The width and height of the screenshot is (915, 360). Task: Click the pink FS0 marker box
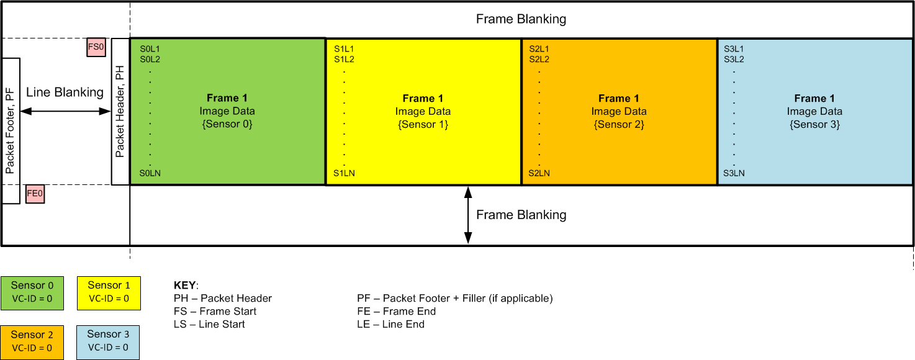click(x=96, y=47)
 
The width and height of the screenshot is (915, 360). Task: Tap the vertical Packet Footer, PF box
click(x=11, y=131)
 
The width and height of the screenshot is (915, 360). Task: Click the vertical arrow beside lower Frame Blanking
click(x=468, y=215)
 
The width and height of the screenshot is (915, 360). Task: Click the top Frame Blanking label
click(x=521, y=19)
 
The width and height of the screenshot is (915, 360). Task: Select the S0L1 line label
click(x=150, y=48)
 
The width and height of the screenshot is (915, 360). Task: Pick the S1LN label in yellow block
click(x=345, y=173)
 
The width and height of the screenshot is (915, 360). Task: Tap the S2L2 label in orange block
click(x=539, y=60)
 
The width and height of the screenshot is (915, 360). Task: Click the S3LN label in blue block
click(x=734, y=173)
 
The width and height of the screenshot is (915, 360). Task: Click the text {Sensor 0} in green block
click(x=227, y=125)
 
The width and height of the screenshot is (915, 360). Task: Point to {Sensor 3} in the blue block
click(x=814, y=125)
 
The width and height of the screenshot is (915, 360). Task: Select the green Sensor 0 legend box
click(x=32, y=293)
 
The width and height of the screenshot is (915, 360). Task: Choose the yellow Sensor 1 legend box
click(x=109, y=292)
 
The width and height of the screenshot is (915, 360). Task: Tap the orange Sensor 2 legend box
click(x=32, y=341)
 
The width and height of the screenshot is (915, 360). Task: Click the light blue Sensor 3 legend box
click(x=108, y=341)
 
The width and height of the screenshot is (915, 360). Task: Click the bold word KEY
click(x=185, y=286)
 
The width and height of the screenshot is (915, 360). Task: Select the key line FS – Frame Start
click(x=215, y=311)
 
